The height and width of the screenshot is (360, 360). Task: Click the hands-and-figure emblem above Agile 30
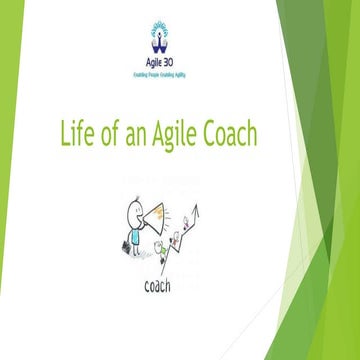(x=162, y=38)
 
